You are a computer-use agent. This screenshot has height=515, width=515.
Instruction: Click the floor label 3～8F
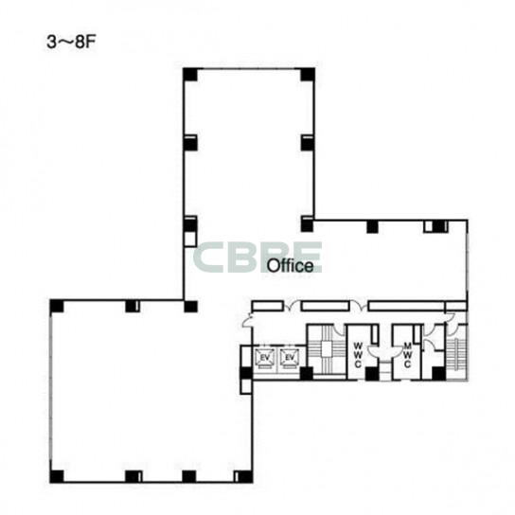pos(71,43)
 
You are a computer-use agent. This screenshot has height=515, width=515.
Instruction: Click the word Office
pos(290,265)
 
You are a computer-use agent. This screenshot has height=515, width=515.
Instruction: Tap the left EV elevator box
pos(265,357)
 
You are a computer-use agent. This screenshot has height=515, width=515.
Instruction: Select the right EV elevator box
pos(290,357)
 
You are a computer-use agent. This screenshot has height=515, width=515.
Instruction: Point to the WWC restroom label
pos(359,355)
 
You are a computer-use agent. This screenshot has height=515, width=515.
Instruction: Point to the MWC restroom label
pos(408,355)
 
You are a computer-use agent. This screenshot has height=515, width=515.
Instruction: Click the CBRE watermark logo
pos(257,257)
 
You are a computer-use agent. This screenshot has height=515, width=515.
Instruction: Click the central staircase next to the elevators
pos(327,349)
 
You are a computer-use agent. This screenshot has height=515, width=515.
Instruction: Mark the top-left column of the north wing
pos(190,75)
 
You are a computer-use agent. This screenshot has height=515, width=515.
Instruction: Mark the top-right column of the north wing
pos(308,75)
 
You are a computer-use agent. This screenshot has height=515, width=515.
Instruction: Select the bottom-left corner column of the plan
pos(57,476)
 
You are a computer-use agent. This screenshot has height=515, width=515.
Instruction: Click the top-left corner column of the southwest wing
pos(57,306)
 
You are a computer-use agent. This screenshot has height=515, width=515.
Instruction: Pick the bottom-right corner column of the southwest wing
pos(243,476)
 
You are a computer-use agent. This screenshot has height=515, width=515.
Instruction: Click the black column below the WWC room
pos(372,374)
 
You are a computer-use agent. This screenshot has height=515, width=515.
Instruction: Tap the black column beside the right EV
pos(307,374)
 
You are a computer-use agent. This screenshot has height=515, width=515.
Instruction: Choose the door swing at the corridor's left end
pos(247,321)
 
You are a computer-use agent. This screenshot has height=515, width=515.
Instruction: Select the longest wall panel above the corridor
pos(407,306)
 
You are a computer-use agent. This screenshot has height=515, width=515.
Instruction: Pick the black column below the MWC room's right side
pos(438,374)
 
